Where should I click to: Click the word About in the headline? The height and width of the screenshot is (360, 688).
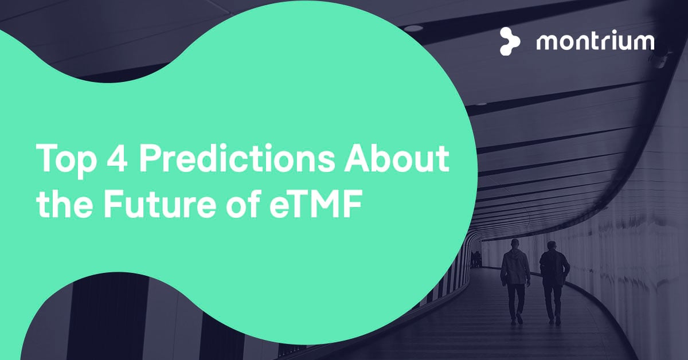point(397,158)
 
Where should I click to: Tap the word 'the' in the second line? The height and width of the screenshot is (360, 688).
point(64,203)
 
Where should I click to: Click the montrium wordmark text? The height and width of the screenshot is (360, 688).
point(595,42)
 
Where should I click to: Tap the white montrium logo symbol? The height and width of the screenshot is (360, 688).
point(509,41)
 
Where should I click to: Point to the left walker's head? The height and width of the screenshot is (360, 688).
point(515,244)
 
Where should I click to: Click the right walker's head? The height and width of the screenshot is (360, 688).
point(552,246)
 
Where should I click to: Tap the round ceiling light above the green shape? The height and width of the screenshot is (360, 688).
point(414,28)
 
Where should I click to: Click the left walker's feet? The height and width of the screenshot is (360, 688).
point(517,319)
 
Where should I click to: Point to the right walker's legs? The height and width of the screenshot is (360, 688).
point(553,304)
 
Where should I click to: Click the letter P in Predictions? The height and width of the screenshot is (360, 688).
point(150,158)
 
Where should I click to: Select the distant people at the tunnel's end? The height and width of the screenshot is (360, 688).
point(476,259)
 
